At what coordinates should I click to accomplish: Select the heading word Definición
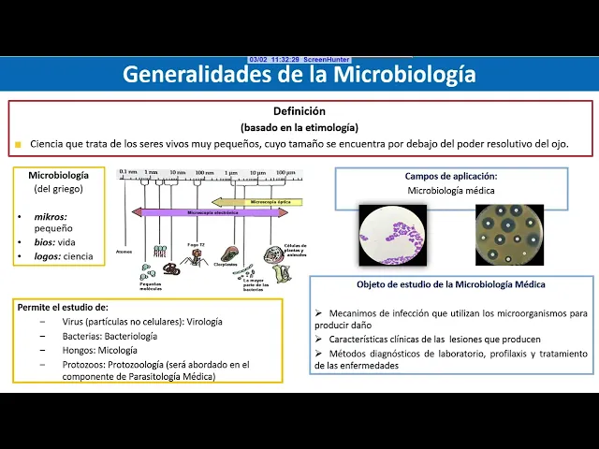299,110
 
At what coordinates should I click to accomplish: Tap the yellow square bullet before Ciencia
18,145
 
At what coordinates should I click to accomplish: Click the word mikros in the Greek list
50,215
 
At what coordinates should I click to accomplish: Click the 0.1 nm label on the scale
127,172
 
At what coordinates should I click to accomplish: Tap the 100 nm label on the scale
204,172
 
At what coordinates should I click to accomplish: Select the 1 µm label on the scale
231,172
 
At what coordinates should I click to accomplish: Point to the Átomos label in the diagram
124,251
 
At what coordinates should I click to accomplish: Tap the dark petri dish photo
509,235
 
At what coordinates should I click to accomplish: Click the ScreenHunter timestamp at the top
299,59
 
